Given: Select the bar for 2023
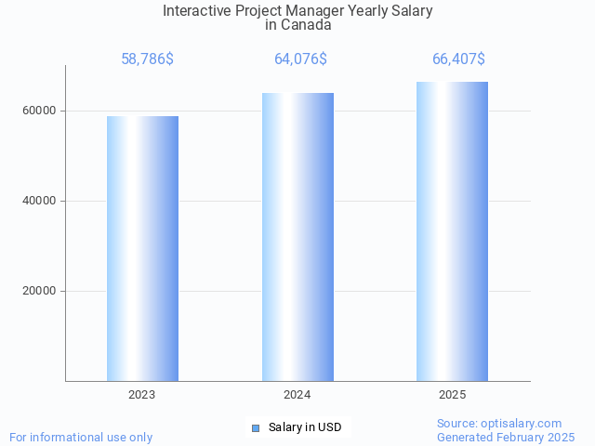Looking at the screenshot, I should coord(142,248).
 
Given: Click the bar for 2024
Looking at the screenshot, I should coord(297,236).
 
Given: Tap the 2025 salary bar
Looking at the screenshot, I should coord(452,230).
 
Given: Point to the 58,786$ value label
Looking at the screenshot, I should coord(147,59).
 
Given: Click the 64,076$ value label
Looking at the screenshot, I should coord(300,59).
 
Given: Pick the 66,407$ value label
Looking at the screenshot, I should coord(458,59).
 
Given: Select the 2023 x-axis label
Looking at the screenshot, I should coord(142,395).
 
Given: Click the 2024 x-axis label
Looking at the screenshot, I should coord(297,395).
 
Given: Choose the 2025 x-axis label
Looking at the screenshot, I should coord(453,395).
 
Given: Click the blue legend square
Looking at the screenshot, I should coord(256,427).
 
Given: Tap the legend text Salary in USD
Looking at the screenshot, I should coord(305,427).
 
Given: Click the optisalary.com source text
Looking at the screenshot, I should coord(499,423).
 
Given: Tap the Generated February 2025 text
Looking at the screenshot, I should coord(506,437).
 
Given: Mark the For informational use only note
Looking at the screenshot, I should coord(81,437).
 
